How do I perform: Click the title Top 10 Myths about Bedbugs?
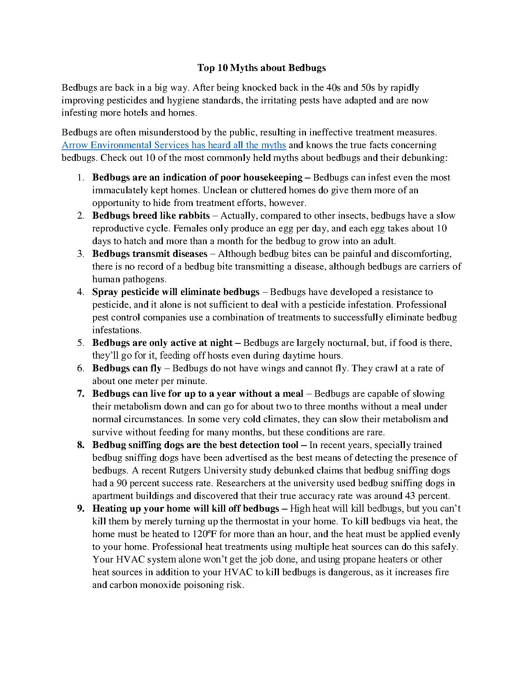tap(261, 68)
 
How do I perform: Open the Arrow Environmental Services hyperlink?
tap(174, 145)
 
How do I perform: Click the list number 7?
tap(80, 394)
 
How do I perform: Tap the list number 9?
tap(80, 509)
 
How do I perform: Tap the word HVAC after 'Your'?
tap(129, 560)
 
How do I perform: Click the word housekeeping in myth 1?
tap(273, 178)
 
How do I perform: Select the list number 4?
tap(80, 292)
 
